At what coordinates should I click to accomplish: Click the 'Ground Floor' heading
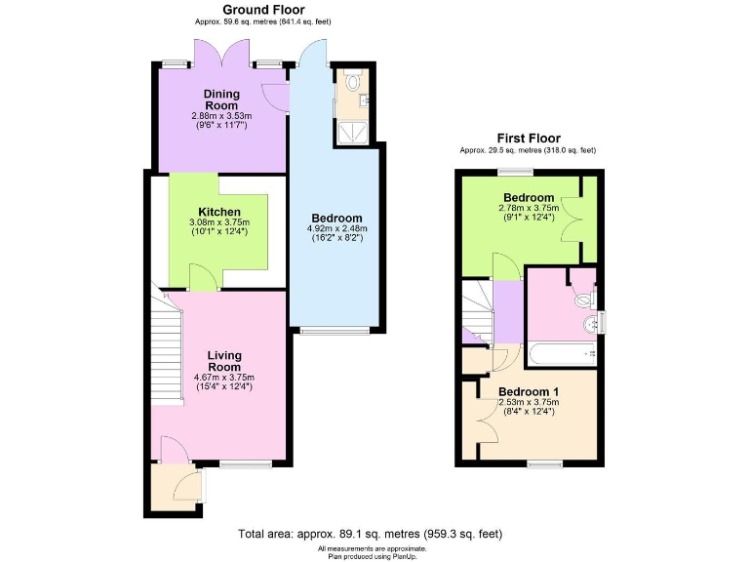point(235,10)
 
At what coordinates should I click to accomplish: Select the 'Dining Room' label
point(220,100)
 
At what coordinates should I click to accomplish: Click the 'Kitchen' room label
point(220,212)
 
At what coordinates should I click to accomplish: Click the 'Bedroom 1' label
point(526,390)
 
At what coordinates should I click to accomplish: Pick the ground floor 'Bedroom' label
point(336,218)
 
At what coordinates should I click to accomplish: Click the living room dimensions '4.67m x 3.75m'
point(223,378)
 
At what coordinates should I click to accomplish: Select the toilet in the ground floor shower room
point(353,82)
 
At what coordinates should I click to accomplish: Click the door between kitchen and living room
point(202,280)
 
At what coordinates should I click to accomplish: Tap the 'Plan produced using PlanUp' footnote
point(374,555)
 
